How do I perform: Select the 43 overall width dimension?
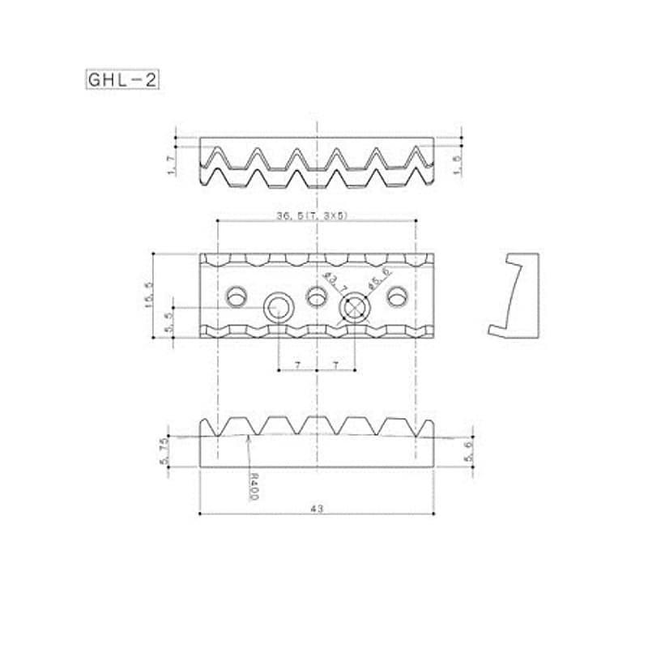[317, 508]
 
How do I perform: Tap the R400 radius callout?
[253, 485]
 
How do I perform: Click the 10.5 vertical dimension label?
[147, 296]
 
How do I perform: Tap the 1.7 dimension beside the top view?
[168, 165]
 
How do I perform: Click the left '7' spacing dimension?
[297, 366]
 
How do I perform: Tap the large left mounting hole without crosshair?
[279, 308]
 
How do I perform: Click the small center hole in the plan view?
[317, 296]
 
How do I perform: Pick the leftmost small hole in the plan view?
[237, 296]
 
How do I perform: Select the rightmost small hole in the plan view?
[396, 296]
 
